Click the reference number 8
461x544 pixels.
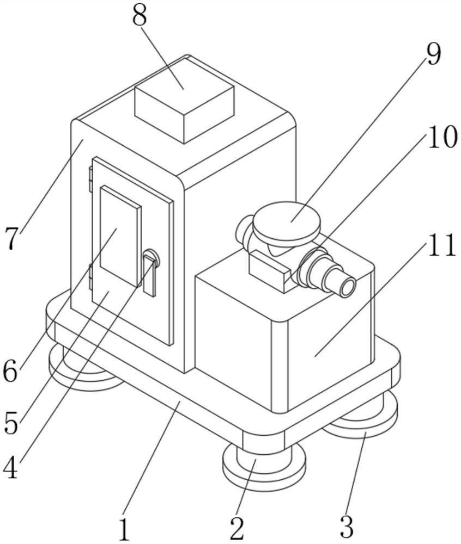[140, 16]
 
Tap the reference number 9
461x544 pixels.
[433, 55]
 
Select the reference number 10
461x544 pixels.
[441, 138]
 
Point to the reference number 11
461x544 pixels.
[440, 246]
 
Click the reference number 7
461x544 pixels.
[11, 238]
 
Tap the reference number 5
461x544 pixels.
[10, 422]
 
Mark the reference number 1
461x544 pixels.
[125, 529]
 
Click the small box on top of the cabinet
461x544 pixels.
[184, 109]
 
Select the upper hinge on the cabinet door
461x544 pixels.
[90, 180]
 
